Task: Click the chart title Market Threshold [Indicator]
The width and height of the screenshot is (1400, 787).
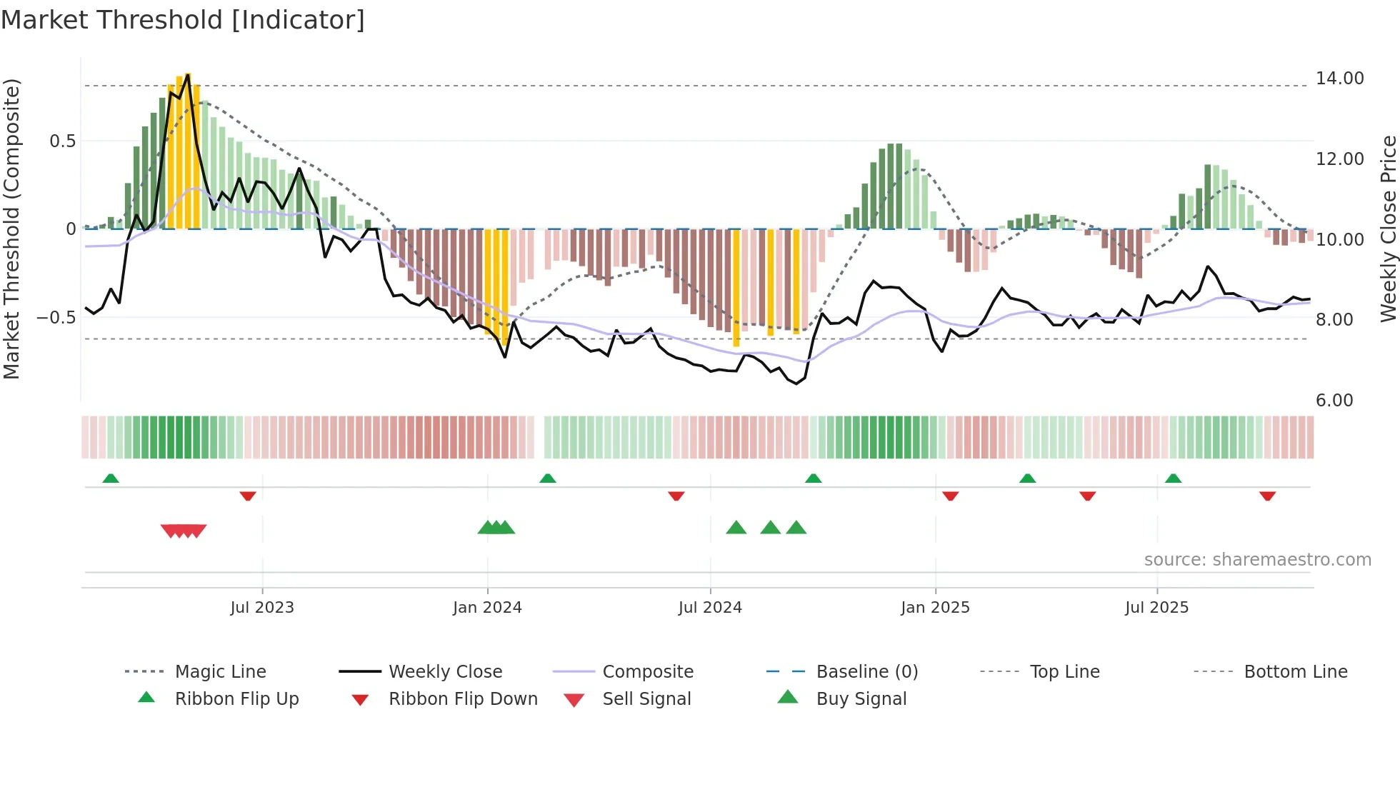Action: click(x=183, y=20)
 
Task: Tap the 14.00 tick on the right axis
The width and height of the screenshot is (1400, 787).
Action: click(x=1339, y=79)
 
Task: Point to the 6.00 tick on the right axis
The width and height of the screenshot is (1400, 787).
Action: click(x=1334, y=401)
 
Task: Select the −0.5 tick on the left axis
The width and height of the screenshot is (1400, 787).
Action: click(x=56, y=317)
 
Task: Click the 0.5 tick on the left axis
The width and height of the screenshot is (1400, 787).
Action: click(x=62, y=141)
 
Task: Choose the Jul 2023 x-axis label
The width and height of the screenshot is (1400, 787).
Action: click(x=261, y=608)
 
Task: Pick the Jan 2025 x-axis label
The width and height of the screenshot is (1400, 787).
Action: click(x=934, y=608)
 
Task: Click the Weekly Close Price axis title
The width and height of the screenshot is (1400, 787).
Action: click(x=1388, y=229)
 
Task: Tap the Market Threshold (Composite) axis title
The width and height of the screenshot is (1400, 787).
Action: click(x=11, y=229)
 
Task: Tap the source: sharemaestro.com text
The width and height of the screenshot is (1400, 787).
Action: click(x=1257, y=560)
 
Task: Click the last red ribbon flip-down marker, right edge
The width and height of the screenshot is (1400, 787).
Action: click(x=1267, y=496)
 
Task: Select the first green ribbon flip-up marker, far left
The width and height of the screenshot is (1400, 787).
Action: click(x=111, y=478)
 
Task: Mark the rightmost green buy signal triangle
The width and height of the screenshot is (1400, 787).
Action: click(x=796, y=528)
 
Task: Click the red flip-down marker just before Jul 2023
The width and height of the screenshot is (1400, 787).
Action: click(x=248, y=496)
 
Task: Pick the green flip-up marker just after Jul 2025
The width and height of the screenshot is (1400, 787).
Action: click(x=1173, y=478)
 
